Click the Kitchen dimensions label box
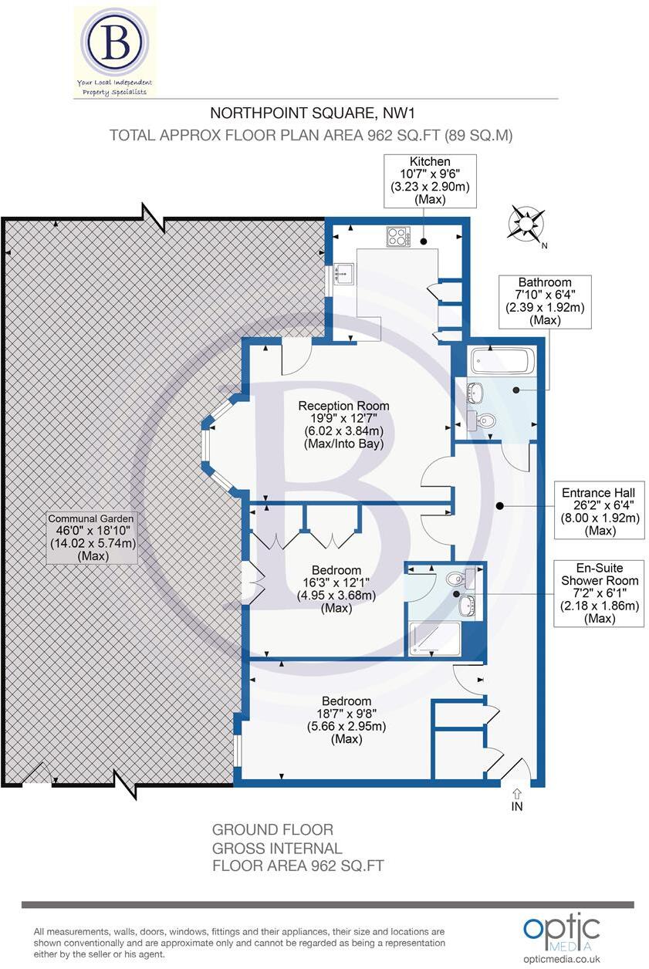(430, 181)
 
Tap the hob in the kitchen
(398, 237)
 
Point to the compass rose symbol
(526, 224)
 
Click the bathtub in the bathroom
(502, 361)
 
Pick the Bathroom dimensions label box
(545, 302)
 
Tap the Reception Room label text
(344, 425)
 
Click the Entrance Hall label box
(600, 512)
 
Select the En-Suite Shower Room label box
(600, 593)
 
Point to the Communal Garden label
(92, 537)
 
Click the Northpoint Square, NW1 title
(313, 113)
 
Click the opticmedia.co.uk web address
(562, 959)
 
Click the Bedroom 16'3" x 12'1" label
(336, 589)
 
